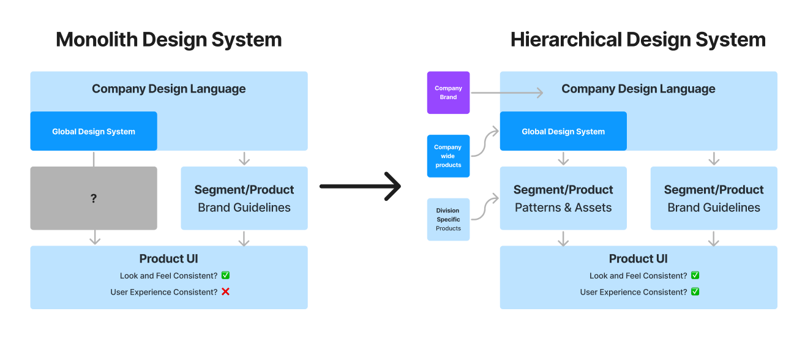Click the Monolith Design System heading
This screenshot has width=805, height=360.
168,40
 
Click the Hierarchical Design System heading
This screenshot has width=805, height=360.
638,40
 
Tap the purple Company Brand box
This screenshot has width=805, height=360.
448,92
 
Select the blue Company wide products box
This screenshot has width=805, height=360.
448,156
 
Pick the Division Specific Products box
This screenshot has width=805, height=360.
448,219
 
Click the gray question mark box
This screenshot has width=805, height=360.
94,198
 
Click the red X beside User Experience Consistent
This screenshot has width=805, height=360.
225,292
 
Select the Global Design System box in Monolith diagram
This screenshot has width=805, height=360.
94,131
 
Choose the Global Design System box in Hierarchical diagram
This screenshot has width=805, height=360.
563,131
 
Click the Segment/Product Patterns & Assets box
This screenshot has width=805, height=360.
563,198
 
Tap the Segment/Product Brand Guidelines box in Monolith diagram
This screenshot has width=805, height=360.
244,198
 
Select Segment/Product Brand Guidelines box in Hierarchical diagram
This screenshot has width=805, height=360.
714,198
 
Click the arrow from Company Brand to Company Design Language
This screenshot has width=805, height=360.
507,93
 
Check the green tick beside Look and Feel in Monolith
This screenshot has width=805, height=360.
225,276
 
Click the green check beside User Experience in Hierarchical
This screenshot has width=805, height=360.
695,292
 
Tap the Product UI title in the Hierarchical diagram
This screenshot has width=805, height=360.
638,259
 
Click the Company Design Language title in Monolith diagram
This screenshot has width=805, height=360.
168,89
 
